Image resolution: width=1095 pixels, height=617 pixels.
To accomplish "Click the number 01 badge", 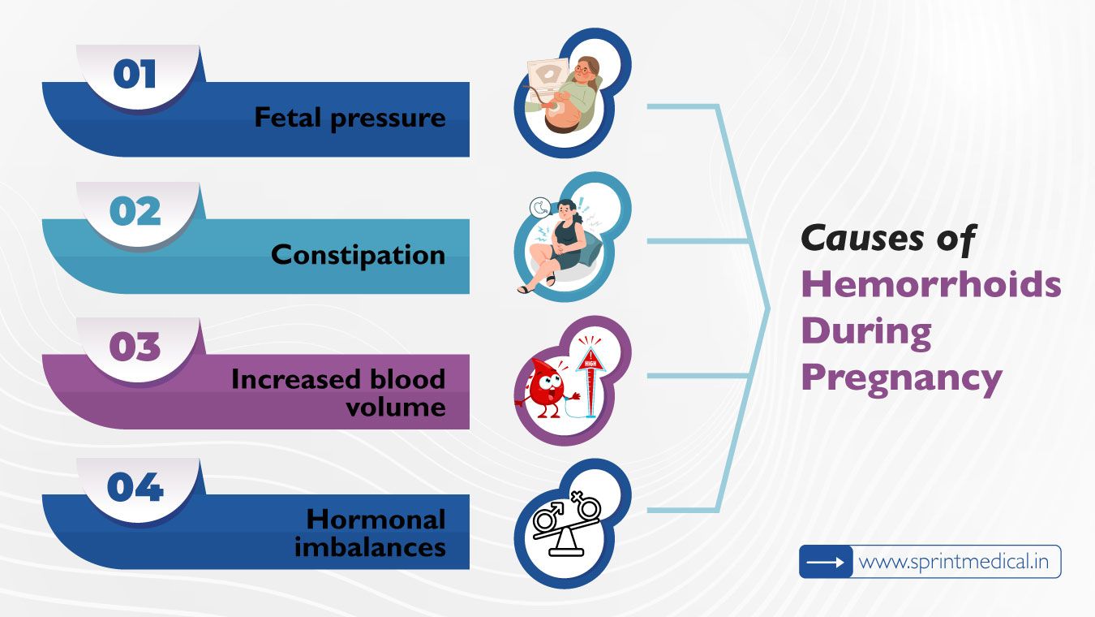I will [135, 75].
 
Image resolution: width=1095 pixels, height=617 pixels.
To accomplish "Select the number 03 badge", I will [135, 347].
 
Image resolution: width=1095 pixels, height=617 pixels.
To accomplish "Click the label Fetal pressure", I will [350, 118].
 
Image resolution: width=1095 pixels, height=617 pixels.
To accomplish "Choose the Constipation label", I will [358, 255].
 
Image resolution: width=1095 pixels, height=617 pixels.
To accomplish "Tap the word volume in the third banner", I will [395, 405].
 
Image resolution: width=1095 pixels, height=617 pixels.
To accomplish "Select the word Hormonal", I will [376, 519].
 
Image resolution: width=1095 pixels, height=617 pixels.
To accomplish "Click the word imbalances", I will [370, 546].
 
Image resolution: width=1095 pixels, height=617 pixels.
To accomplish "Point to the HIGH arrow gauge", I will [590, 369].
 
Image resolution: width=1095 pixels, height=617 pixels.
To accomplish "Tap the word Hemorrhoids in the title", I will [931, 285].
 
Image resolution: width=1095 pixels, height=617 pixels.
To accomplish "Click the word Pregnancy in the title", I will [901, 378].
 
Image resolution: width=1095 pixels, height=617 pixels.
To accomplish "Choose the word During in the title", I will [866, 331].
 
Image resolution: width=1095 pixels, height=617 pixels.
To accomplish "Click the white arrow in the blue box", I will [826, 562].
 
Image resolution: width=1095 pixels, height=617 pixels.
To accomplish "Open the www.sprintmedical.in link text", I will [955, 562].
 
